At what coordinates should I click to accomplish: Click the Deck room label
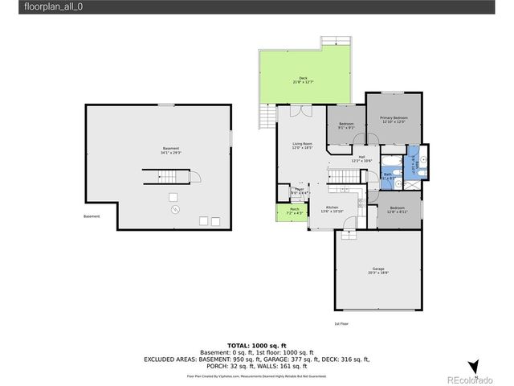point(303,80)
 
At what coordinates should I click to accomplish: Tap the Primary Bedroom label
point(394,120)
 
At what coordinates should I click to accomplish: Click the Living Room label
point(301,146)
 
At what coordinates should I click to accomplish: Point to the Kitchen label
point(332,209)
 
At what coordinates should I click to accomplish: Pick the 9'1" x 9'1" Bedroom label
point(346,125)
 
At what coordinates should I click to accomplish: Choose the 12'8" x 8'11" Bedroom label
point(397,210)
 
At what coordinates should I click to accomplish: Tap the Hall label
point(361,158)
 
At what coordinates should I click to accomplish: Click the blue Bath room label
point(388,175)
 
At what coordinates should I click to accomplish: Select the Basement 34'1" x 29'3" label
point(170,150)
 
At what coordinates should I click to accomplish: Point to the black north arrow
point(473,365)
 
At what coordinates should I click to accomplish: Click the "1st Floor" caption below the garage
point(341,323)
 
